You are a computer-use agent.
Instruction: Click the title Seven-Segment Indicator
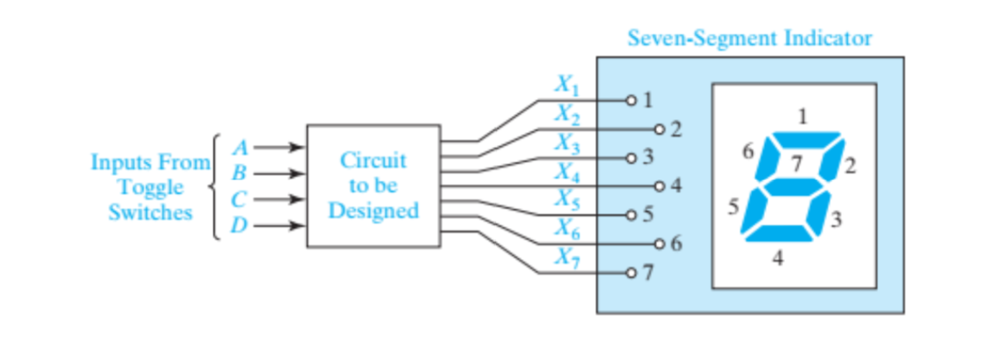tap(750, 39)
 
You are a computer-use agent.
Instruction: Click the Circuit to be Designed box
tap(373, 186)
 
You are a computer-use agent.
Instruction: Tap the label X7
tap(566, 256)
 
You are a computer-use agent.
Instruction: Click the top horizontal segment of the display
tap(806, 138)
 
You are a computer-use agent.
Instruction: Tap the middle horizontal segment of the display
tap(792, 186)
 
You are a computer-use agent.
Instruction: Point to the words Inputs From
tap(151, 162)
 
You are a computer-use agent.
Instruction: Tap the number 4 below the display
tap(778, 258)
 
